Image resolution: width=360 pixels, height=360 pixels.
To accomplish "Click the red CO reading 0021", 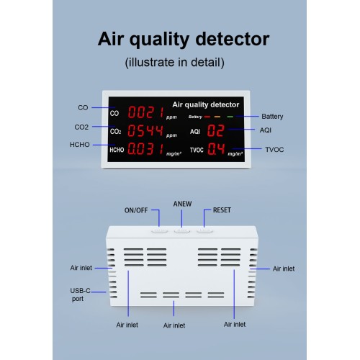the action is pos(146,112).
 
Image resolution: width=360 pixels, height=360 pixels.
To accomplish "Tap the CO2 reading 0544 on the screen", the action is pos(145,131).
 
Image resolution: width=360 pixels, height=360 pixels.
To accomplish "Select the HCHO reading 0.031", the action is pos(145,149).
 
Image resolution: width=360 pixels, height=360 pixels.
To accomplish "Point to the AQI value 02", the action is pos(216,131).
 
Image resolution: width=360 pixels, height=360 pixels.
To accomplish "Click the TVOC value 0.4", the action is pos(216,149).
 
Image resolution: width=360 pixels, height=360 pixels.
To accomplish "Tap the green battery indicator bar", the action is pos(230,117).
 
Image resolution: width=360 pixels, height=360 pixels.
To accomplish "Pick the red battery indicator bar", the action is pos(207,117).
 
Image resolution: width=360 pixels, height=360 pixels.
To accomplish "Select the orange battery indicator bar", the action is pos(217,117).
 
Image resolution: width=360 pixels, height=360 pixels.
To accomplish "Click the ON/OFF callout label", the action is pos(136,210).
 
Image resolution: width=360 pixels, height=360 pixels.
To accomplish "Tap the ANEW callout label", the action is pos(182,204).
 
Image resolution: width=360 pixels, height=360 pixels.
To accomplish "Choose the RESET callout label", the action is pos(222,210).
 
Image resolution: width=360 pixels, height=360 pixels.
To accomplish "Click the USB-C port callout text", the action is pos(80,294).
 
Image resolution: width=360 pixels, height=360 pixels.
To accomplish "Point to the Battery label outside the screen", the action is pos(272,117).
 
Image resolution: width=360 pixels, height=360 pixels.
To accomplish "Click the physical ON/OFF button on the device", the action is pos(159,230).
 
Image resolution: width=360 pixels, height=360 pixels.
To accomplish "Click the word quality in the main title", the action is pos(159,40).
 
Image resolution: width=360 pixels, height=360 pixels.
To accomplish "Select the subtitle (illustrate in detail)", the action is pos(175,63).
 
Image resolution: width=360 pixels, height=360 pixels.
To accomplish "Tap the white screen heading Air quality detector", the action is pos(206,104).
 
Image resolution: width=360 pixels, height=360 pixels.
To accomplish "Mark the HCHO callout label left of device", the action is pos(79,145).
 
